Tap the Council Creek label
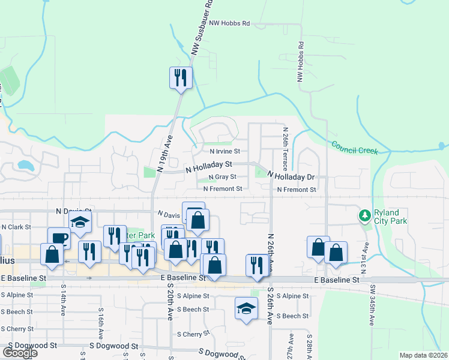[x=355, y=148]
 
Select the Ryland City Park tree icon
[x=364, y=215]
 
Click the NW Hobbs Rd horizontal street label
[x=230, y=23]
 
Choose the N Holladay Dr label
[x=291, y=176]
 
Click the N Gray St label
[x=221, y=177]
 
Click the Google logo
[x=20, y=353]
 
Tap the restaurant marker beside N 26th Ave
[x=257, y=265]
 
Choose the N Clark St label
[x=16, y=227]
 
